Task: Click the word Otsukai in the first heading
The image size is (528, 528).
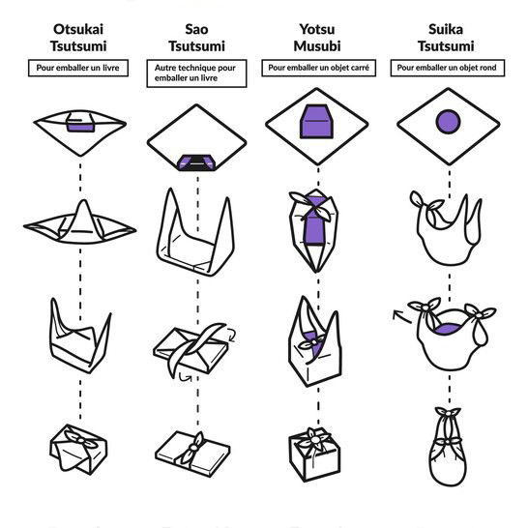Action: [x=78, y=29]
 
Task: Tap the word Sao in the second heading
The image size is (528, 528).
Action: [x=196, y=29]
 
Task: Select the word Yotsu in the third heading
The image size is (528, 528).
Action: [x=317, y=29]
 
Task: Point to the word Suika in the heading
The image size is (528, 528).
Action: [x=446, y=29]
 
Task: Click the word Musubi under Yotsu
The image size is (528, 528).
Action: [x=317, y=46]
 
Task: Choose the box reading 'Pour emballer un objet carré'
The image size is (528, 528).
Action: [x=318, y=68]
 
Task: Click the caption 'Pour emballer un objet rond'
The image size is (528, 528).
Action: [x=448, y=68]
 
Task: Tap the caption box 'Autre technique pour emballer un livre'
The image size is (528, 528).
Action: [x=196, y=73]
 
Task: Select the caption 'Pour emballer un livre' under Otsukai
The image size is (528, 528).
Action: [x=78, y=68]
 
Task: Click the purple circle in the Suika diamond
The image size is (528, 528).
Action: [x=448, y=121]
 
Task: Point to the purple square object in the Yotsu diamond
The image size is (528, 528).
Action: [x=316, y=122]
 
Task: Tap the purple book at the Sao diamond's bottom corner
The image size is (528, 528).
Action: [x=196, y=163]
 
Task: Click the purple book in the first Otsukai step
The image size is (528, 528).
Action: [x=80, y=123]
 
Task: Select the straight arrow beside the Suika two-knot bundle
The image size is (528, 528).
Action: [x=402, y=316]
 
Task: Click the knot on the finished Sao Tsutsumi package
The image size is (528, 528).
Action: [x=193, y=447]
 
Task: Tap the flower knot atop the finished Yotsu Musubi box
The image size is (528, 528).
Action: [x=315, y=439]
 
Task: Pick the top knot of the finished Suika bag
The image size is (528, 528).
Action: [x=448, y=412]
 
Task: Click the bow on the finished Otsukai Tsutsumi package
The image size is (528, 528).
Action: [x=81, y=439]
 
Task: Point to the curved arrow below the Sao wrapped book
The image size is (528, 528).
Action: [x=186, y=377]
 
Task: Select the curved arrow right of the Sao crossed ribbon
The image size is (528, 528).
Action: [x=231, y=335]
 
